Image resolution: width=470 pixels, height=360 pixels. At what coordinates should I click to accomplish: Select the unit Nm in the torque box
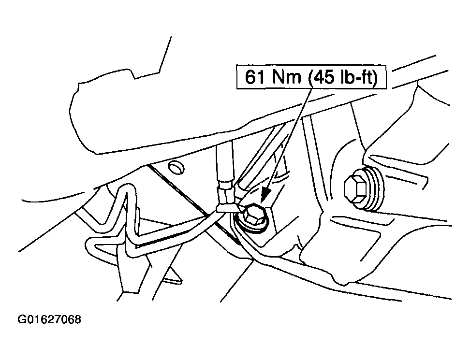287,77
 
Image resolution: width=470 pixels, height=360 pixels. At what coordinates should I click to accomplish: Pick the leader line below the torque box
288,141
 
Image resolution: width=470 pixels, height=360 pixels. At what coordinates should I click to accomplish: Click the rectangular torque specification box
311,77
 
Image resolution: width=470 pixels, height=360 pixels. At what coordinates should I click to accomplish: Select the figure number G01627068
49,319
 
